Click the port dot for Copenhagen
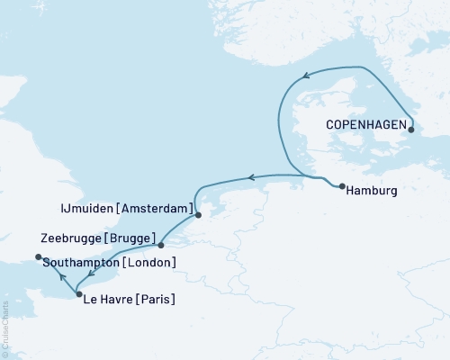coord(411,130)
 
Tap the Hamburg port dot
coord(343,187)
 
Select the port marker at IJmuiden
coord(199,214)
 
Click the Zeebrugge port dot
coord(160,245)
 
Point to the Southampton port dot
coord(38,257)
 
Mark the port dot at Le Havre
coord(79,294)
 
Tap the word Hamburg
coord(373,191)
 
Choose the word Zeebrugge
coord(72,239)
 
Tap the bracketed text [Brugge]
coord(131,239)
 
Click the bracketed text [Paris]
coord(158,299)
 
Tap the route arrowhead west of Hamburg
coord(253,177)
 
